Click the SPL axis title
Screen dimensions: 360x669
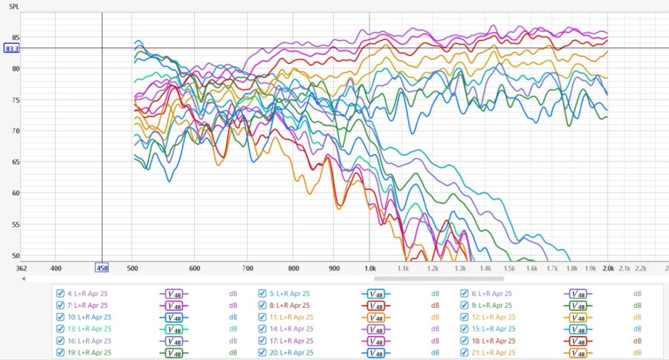tap(13, 6)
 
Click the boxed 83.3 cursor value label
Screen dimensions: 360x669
tap(11, 48)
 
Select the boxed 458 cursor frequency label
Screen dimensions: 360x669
tap(102, 268)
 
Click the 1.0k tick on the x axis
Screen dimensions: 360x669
tap(369, 268)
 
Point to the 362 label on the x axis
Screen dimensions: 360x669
tap(22, 268)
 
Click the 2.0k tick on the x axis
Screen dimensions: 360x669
tap(609, 268)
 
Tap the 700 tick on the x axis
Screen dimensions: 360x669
tap(248, 268)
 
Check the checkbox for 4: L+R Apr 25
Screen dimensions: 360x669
tap(60, 293)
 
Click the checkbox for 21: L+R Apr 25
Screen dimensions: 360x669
tap(465, 353)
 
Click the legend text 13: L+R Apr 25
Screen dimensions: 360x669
tap(89, 329)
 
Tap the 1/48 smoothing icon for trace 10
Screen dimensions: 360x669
tap(173, 317)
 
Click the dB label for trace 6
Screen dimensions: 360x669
tap(637, 293)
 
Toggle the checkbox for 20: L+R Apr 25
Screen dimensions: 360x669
tap(262, 353)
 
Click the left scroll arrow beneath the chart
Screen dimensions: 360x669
tap(24, 279)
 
